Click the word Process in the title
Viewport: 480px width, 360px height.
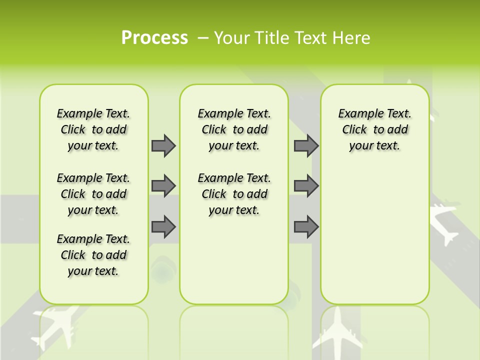click(154, 38)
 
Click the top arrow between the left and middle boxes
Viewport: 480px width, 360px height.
click(163, 145)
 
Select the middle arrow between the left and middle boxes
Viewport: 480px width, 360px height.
click(163, 186)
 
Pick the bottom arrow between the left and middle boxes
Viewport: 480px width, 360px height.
click(163, 226)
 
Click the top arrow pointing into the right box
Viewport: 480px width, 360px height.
click(306, 145)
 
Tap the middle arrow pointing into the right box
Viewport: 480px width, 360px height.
click(306, 186)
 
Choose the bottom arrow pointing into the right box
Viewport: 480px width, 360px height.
click(306, 226)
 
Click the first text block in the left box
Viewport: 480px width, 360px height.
click(93, 129)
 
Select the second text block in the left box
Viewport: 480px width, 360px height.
click(93, 194)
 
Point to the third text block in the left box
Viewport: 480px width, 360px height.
click(93, 255)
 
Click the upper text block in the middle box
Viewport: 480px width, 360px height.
click(234, 129)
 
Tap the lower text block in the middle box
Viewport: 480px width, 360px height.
click(234, 194)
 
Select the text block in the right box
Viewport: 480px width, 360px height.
click(374, 129)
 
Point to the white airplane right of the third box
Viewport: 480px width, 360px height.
click(445, 222)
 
